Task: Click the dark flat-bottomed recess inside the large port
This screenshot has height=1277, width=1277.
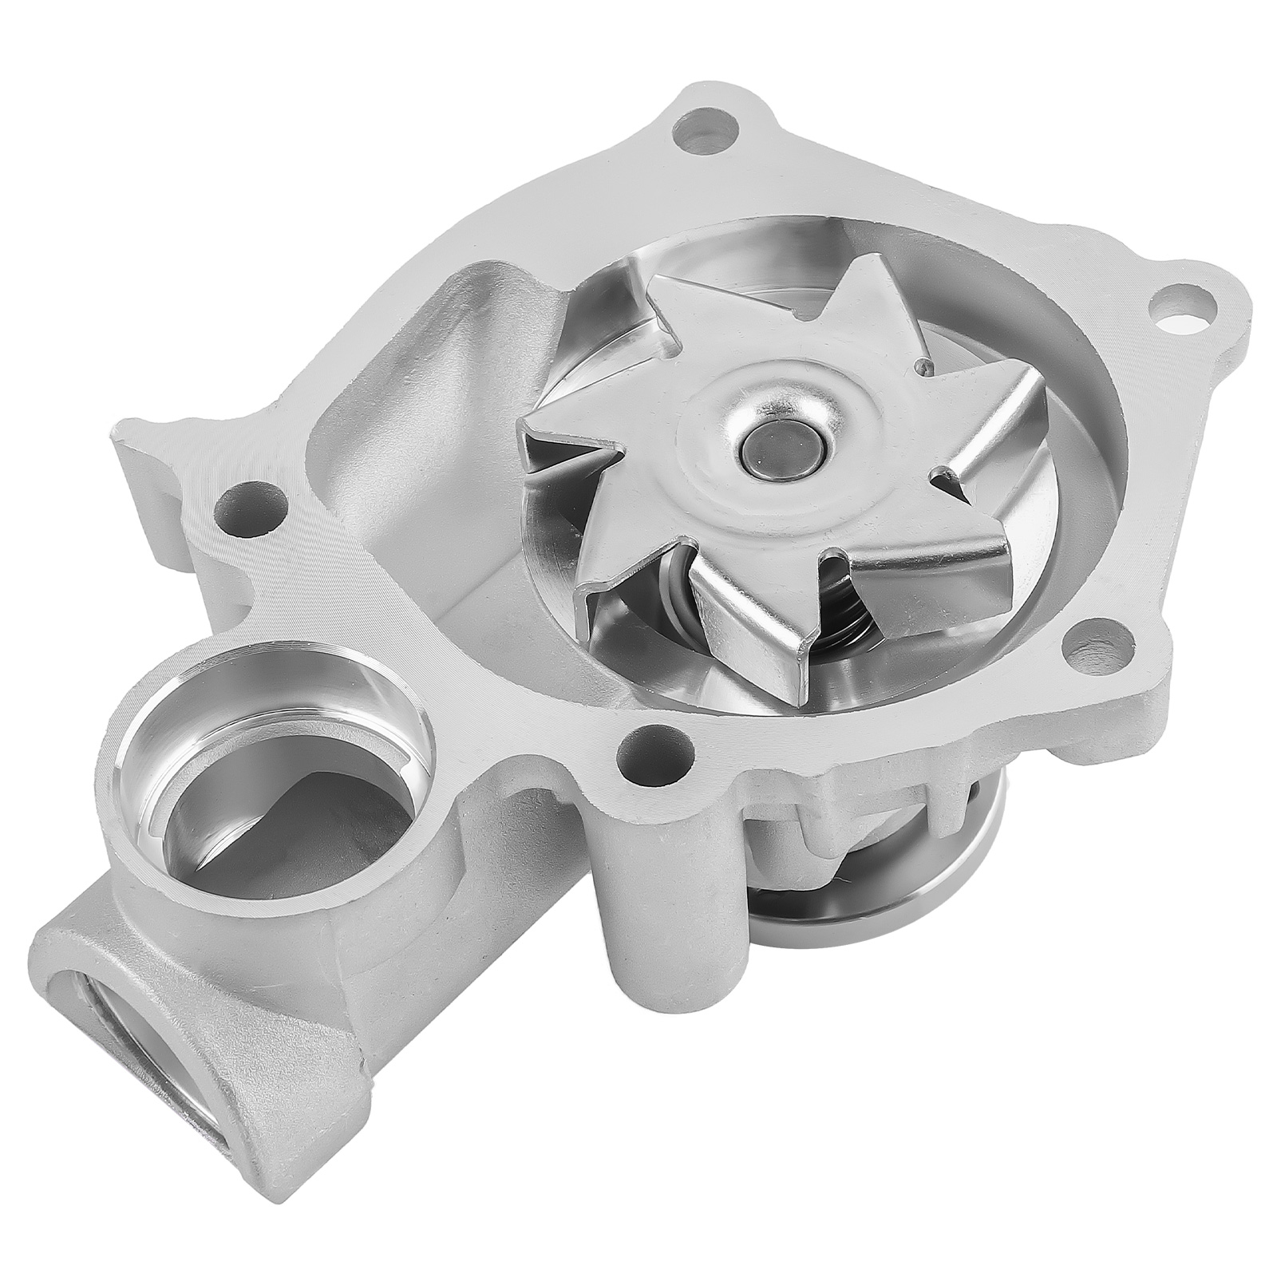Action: tap(239, 806)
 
